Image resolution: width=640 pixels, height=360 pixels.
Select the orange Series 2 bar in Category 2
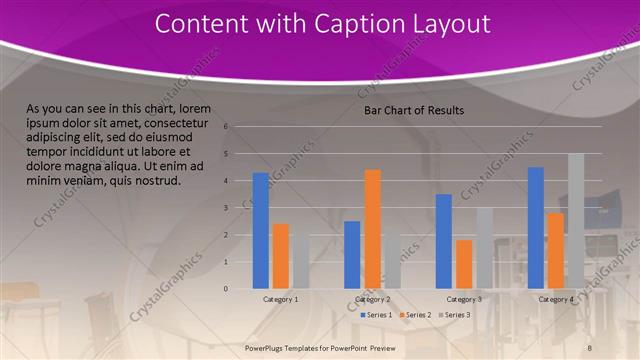(x=372, y=229)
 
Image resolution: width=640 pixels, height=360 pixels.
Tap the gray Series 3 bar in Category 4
(x=576, y=221)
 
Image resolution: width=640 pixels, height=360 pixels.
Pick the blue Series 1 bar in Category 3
(x=444, y=241)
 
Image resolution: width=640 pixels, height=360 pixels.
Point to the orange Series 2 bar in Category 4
(x=556, y=250)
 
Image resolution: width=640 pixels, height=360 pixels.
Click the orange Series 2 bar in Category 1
(x=281, y=256)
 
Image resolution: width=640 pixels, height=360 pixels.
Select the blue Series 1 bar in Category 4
(x=536, y=228)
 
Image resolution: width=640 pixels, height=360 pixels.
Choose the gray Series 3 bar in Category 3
(x=484, y=248)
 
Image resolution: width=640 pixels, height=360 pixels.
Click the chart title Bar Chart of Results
(x=413, y=110)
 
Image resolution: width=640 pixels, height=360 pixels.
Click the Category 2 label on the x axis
(x=372, y=299)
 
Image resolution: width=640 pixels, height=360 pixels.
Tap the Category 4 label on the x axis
(x=556, y=299)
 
